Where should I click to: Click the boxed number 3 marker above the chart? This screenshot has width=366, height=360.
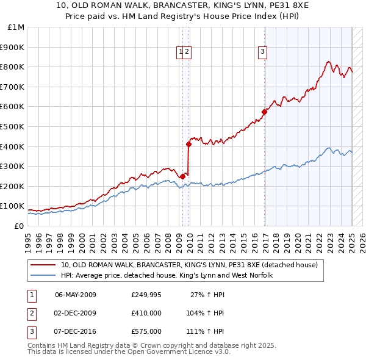click(262, 52)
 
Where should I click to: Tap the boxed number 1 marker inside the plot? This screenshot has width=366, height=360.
click(181, 52)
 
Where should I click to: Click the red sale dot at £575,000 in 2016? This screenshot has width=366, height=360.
click(265, 112)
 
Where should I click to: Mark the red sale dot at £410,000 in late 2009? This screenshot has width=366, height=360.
click(188, 145)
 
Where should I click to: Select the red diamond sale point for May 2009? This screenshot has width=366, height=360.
click(182, 176)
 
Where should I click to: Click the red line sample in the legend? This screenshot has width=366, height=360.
click(44, 265)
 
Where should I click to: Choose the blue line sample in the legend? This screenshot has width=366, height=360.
click(44, 275)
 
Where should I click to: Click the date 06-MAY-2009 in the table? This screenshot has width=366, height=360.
click(76, 295)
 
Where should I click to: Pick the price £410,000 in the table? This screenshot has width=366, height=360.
click(146, 313)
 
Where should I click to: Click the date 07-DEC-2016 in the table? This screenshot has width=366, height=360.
click(76, 331)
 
